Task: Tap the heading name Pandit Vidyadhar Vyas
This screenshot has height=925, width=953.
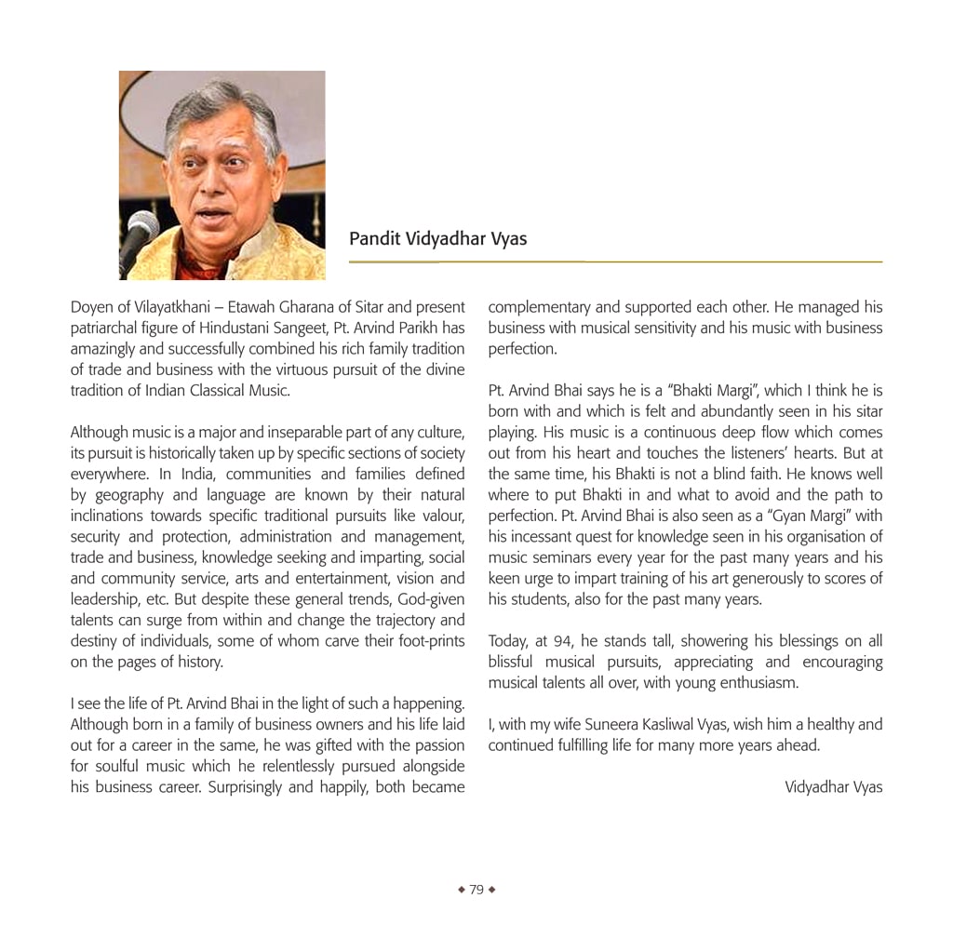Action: pos(437,239)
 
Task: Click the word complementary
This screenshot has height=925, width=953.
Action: pos(539,307)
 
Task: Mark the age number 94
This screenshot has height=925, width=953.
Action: pos(564,641)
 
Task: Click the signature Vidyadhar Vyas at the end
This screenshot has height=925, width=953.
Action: pos(833,787)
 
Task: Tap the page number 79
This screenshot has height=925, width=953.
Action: pos(476,890)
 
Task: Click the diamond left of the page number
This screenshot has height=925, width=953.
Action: pos(461,890)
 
